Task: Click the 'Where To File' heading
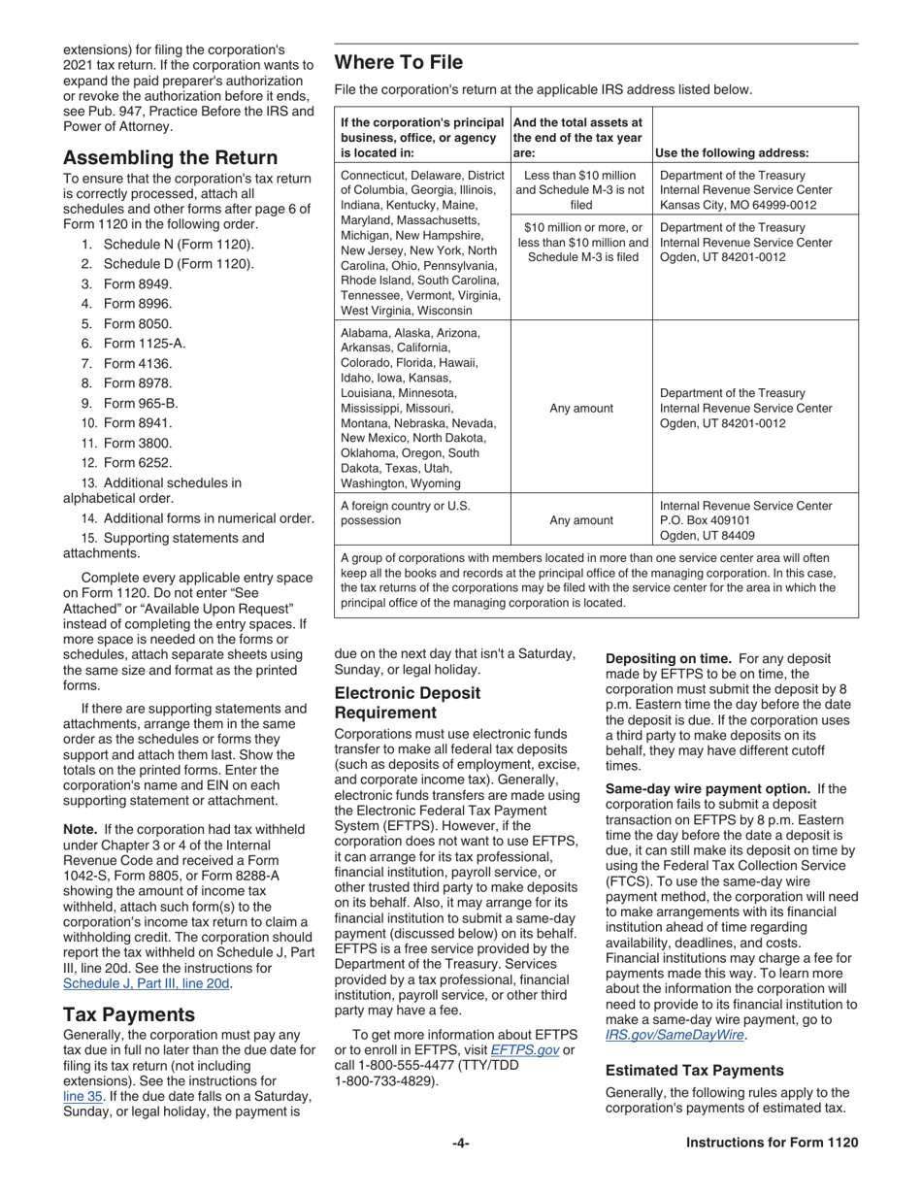tap(398, 63)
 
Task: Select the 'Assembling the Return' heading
tap(170, 157)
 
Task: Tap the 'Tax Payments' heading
tap(129, 1014)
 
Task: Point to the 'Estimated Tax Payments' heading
tap(694, 1070)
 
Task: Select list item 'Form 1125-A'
tap(144, 344)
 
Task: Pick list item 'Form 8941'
tap(137, 423)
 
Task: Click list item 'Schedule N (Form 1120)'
tap(179, 244)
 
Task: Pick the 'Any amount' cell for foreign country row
tap(580, 520)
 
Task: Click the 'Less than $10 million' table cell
tap(580, 176)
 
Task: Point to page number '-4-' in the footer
tap(461, 1143)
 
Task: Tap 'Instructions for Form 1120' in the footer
tap(772, 1143)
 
